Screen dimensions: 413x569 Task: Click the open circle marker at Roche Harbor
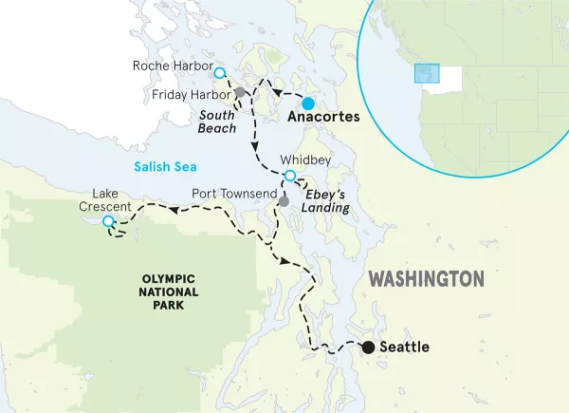(x=220, y=73)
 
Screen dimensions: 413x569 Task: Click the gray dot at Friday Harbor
(x=240, y=93)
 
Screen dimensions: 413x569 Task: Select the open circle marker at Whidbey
(x=290, y=176)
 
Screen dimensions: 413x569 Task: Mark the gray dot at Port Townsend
(x=283, y=201)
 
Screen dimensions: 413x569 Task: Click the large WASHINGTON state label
(x=426, y=279)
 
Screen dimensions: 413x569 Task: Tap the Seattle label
(x=404, y=347)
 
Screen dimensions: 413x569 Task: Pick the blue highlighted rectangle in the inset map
(x=427, y=74)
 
